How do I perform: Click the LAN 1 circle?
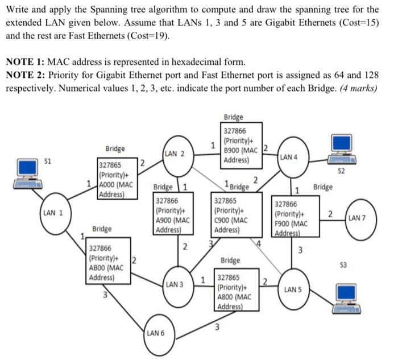tap(53, 213)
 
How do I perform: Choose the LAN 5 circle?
tap(292, 289)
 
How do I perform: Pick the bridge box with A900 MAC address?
tap(173, 215)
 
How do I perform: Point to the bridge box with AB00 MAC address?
tap(109, 263)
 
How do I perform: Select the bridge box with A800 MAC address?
tap(237, 288)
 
